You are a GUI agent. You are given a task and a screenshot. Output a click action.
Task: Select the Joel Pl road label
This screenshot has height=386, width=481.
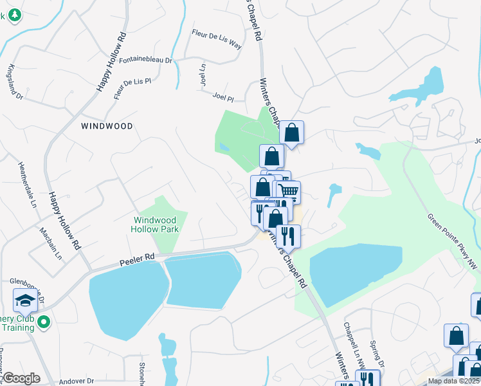pos(222,97)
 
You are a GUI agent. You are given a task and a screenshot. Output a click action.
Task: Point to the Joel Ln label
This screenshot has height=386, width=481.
pos(203,75)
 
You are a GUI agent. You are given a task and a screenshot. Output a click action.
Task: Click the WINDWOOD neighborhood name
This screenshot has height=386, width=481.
pos(107,126)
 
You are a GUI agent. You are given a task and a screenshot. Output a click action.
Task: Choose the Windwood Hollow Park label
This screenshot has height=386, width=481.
pos(155,224)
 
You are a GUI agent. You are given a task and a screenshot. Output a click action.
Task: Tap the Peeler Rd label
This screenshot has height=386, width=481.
pos(137,260)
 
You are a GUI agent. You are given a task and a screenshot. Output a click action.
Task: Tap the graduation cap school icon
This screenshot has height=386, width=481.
pos(25,300)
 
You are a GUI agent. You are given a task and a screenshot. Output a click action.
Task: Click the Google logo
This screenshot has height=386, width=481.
pos(21,378)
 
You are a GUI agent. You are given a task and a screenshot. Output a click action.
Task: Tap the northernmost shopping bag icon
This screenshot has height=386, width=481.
pos(291,133)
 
